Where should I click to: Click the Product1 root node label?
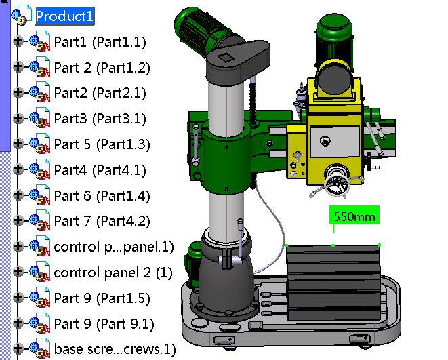(65, 16)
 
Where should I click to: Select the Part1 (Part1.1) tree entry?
(100, 42)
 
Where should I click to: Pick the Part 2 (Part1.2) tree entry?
(102, 68)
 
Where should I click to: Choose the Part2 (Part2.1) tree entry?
(100, 93)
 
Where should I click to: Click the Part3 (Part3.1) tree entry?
(100, 119)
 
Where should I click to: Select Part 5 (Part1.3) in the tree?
(102, 144)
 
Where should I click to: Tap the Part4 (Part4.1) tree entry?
(100, 169)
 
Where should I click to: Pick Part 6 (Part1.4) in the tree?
(102, 196)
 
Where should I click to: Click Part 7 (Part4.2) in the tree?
(102, 221)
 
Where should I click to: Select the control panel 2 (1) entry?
(113, 273)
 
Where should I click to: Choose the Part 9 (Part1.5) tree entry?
(102, 298)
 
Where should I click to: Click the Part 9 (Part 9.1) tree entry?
(104, 323)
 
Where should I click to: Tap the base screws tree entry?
(115, 350)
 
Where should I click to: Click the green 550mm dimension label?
(354, 217)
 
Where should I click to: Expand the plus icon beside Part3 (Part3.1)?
(18, 119)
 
